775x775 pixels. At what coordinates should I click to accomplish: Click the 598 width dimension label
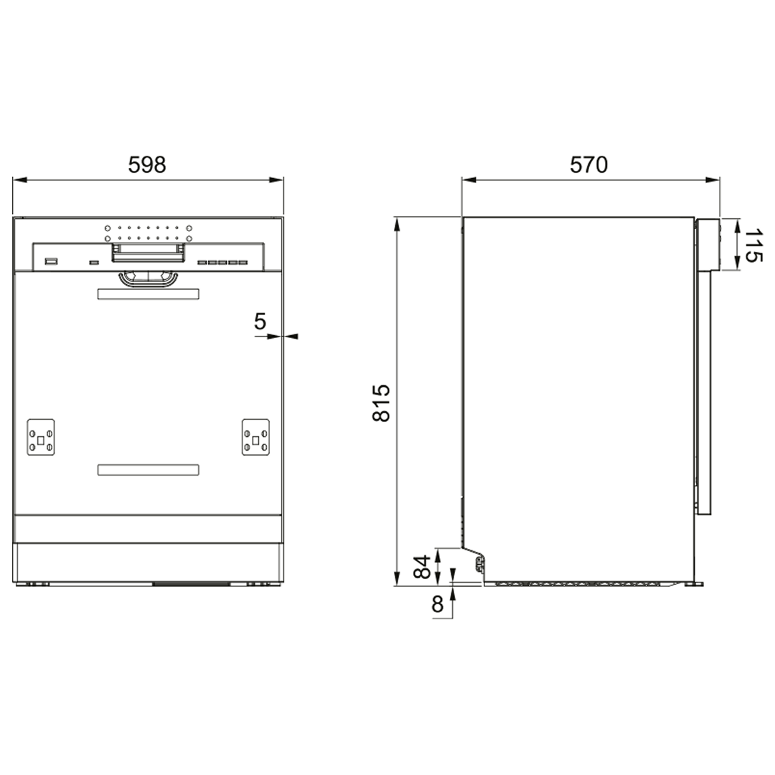point(147,165)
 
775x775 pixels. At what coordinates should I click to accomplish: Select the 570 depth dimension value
point(588,165)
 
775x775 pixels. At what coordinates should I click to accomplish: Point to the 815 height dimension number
point(382,403)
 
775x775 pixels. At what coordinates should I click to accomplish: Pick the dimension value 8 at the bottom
point(438,605)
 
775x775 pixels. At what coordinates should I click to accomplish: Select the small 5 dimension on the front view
point(260,321)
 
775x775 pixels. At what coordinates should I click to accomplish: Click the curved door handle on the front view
point(149,278)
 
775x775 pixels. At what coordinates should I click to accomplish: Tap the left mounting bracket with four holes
point(41,437)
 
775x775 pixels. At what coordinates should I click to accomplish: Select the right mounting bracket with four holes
point(255,437)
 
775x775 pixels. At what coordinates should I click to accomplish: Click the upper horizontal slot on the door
point(149,294)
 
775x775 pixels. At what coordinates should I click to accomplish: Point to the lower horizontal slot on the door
point(149,470)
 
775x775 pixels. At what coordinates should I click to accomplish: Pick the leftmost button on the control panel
point(51,262)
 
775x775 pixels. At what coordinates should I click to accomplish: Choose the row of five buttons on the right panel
point(222,263)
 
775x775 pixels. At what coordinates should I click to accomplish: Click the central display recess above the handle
point(149,252)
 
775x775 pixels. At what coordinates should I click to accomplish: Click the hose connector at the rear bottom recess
point(479,567)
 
